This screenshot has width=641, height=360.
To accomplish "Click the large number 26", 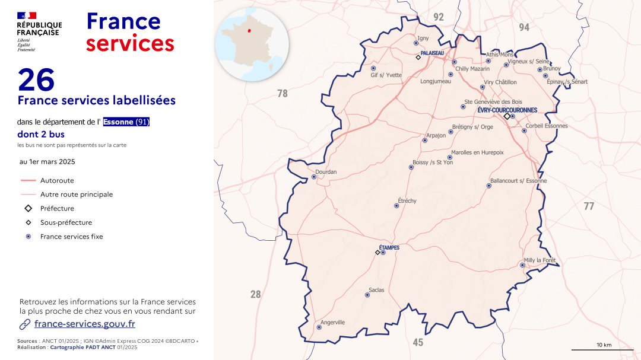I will click(36, 79).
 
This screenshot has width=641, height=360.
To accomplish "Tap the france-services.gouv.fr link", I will click(84, 324).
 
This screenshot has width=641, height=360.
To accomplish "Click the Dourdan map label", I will click(326, 172).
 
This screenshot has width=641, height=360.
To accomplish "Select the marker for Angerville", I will click(319, 327).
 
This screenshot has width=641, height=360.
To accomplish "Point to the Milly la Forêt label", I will click(540, 260).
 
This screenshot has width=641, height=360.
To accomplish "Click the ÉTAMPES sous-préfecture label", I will click(389, 247).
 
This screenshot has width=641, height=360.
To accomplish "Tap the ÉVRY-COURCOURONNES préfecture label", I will click(507, 110).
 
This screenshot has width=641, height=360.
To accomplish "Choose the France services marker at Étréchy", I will click(396, 206).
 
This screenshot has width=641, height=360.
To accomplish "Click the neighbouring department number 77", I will click(588, 206).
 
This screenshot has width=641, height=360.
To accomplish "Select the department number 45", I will click(418, 342).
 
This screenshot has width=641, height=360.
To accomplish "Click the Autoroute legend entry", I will click(57, 180).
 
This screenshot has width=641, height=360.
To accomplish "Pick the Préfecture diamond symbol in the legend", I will click(28, 209).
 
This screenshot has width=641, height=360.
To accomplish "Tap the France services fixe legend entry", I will click(71, 237).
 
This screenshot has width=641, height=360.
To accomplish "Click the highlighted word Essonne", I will click(119, 122).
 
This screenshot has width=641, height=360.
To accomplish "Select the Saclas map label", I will click(376, 290).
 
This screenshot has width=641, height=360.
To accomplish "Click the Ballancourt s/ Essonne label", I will click(518, 181).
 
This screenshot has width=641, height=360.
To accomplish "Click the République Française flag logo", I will click(27, 15).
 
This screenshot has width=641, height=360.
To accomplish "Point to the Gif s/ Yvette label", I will click(386, 75).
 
